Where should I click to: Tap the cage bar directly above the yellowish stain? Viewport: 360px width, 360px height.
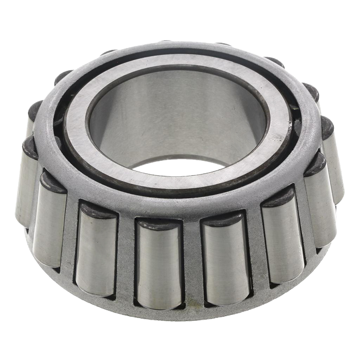(x=192, y=260)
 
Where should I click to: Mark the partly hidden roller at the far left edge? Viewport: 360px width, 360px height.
(x=25, y=183)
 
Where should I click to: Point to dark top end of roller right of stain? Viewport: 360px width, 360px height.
(x=221, y=219)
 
